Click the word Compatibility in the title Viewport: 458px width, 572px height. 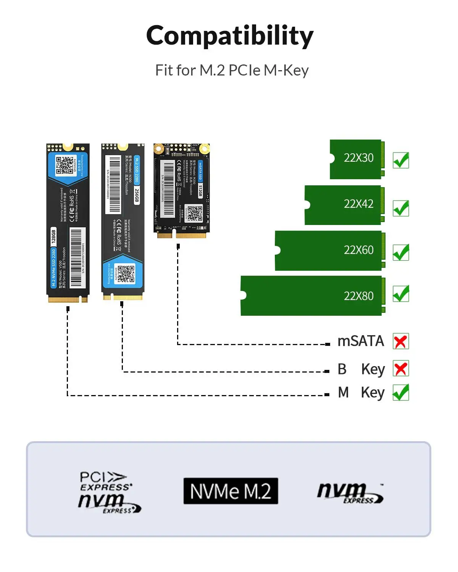click(x=230, y=35)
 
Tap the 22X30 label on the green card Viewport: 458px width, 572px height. click(x=358, y=158)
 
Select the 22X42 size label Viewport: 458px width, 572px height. click(x=358, y=204)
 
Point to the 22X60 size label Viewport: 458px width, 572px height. click(x=358, y=250)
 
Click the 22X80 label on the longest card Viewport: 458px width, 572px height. click(x=358, y=296)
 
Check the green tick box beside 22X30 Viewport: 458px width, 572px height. click(x=401, y=160)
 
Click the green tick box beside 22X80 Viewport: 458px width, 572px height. click(x=401, y=294)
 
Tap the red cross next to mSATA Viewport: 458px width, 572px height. click(x=400, y=341)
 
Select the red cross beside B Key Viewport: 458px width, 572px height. click(x=401, y=368)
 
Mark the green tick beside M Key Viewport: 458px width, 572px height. click(x=401, y=392)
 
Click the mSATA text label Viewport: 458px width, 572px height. click(x=361, y=341)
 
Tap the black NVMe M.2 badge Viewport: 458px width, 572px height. click(x=231, y=491)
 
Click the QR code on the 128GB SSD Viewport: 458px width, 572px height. click(x=65, y=165)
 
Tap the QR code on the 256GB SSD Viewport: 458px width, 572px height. click(x=126, y=274)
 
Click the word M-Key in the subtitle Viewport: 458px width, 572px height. click(x=286, y=70)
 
